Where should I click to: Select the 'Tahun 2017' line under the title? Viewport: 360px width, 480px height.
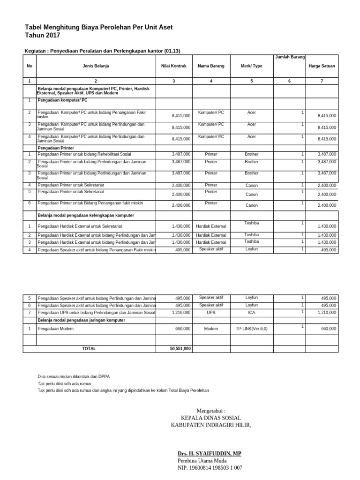tap(42, 36)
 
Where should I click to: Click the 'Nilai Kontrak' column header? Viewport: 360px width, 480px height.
tap(173, 66)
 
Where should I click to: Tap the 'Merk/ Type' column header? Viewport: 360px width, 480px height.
tap(251, 66)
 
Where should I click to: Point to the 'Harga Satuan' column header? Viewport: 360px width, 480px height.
tap(322, 66)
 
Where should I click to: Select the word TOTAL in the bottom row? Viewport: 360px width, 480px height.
tap(89, 349)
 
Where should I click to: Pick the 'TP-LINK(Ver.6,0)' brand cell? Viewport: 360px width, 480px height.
tap(251, 329)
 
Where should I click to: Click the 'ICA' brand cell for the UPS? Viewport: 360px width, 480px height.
tap(251, 312)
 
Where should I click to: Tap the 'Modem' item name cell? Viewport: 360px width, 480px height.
tap(211, 329)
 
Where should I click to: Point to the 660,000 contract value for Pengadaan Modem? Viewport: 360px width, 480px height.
tap(183, 329)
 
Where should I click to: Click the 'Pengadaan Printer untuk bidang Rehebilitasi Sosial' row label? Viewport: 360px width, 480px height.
tap(84, 154)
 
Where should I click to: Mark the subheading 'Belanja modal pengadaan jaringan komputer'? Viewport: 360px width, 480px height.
tap(81, 320)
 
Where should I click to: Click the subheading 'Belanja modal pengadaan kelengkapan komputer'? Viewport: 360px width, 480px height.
tap(86, 215)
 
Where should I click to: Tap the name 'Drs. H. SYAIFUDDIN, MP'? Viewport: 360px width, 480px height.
tap(210, 454)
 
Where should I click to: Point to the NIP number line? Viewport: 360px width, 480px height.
tap(210, 468)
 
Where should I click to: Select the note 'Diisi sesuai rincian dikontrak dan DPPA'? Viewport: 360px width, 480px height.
tap(74, 377)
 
